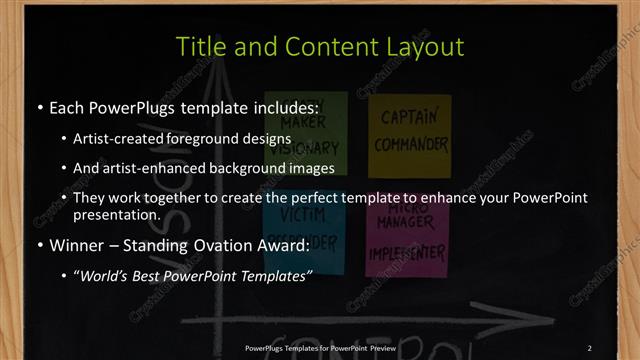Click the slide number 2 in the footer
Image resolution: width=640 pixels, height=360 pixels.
pos(590,347)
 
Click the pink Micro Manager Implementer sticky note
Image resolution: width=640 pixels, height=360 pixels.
pos(405,240)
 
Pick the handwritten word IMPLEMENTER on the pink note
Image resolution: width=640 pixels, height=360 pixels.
pos(404,254)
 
